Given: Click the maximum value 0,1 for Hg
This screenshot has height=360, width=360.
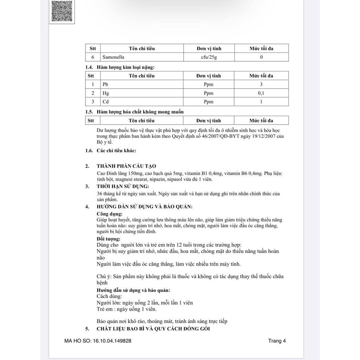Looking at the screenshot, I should point(261,93).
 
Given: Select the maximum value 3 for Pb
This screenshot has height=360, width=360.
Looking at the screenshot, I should point(261,84).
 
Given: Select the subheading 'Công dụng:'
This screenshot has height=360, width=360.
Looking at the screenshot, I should point(110,214).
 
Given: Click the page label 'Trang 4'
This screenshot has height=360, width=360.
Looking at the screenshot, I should point(277,341).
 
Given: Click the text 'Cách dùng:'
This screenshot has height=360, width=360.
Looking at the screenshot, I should point(109,296).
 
